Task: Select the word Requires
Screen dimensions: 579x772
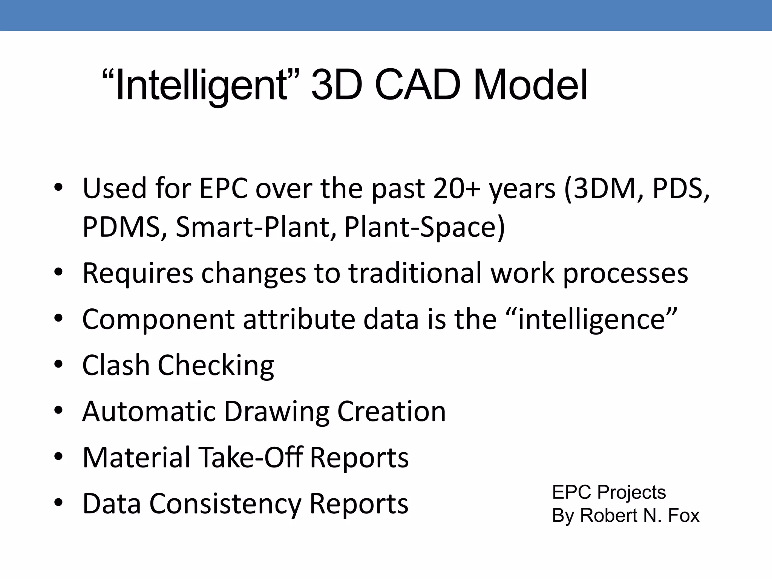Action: (x=138, y=273)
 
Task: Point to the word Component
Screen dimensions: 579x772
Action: (x=159, y=320)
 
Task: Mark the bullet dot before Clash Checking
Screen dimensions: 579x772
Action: (x=58, y=365)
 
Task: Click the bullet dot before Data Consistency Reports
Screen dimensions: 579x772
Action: (x=58, y=503)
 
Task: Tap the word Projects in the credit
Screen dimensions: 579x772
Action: (x=632, y=492)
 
